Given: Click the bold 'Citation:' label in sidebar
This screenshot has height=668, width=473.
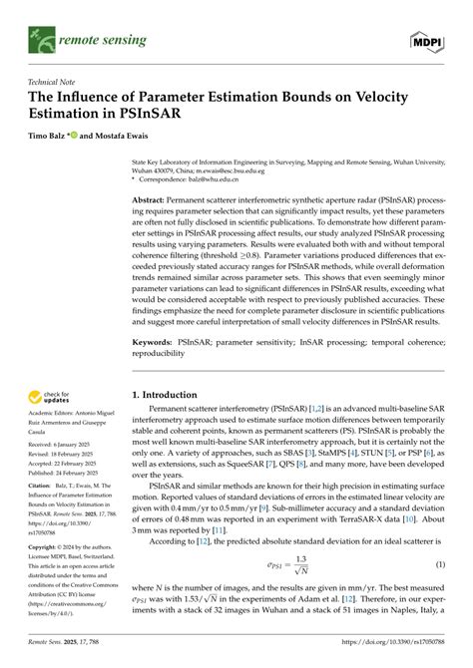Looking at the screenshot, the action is click(42, 487).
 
